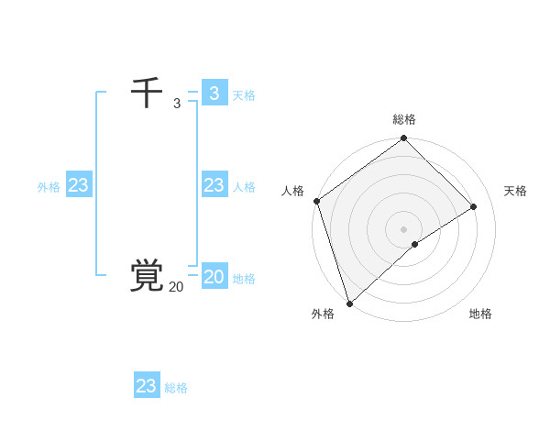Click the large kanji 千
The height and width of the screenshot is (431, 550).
pyautogui.click(x=147, y=94)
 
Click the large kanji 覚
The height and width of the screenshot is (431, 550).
pyautogui.click(x=147, y=276)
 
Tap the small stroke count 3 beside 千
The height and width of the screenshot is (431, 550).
pyautogui.click(x=176, y=104)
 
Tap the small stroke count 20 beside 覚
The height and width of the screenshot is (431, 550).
pyautogui.click(x=176, y=287)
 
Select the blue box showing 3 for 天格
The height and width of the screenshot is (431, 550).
pyautogui.click(x=214, y=94)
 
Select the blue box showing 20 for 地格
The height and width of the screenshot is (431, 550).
pyautogui.click(x=214, y=277)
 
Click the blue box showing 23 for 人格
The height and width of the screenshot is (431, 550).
pyautogui.click(x=214, y=185)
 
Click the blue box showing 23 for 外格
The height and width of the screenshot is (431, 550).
pyautogui.click(x=79, y=185)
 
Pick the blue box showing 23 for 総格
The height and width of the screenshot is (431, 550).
pyautogui.click(x=147, y=386)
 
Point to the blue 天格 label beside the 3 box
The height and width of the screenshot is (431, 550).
pyautogui.click(x=244, y=95)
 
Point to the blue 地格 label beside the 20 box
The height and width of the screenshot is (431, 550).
pyautogui.click(x=244, y=279)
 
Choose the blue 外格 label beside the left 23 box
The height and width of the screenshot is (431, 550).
pyautogui.click(x=49, y=187)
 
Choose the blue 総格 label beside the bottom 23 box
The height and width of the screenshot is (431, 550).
pyautogui.click(x=176, y=388)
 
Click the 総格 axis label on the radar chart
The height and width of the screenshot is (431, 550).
pyautogui.click(x=404, y=119)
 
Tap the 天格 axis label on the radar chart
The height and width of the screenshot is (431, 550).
pyautogui.click(x=516, y=191)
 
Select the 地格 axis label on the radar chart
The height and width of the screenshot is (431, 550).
pyautogui.click(x=480, y=314)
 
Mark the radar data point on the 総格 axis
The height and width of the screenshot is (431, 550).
pyautogui.click(x=404, y=139)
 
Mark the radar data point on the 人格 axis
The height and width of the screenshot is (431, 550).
pyautogui.click(x=316, y=201)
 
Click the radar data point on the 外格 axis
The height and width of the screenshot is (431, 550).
pyautogui.click(x=349, y=303)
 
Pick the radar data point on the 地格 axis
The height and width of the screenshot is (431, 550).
pyautogui.click(x=415, y=244)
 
